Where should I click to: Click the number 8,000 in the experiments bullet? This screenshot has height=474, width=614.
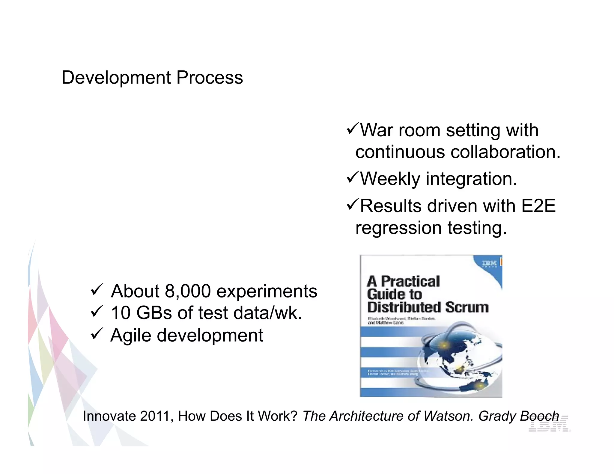click(x=188, y=291)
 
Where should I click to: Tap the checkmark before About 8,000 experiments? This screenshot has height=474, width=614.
click(x=97, y=289)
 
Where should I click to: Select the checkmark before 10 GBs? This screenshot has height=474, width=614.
click(x=97, y=311)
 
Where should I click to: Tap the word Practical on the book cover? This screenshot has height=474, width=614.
click(x=410, y=281)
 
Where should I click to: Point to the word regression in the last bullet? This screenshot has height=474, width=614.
click(x=398, y=228)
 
